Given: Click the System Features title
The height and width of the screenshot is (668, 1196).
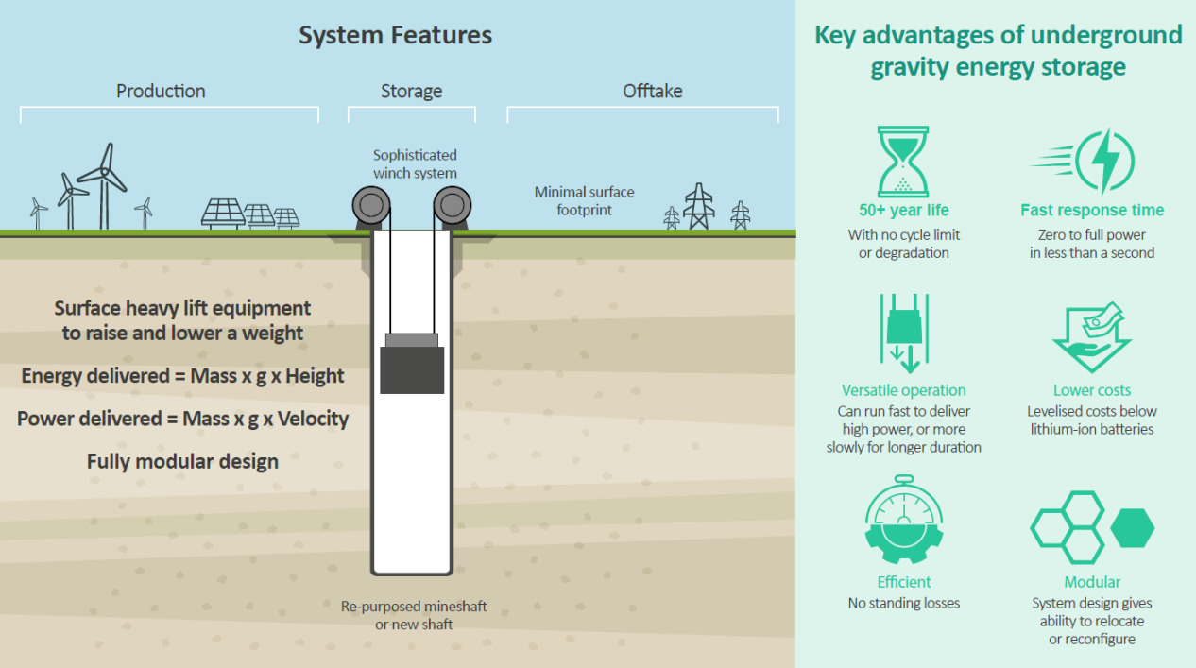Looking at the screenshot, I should pos(395,36).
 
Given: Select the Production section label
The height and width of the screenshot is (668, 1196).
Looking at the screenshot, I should pos(161,91).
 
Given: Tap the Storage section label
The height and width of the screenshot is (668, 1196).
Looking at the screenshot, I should pos(411,91).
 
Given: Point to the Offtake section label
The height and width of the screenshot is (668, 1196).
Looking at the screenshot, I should pos(652,91).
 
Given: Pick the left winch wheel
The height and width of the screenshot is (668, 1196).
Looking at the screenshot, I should pos(369,204).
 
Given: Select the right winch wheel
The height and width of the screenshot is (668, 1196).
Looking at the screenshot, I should pos(453,204).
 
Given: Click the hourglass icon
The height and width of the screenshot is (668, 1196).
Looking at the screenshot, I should pos(903,162).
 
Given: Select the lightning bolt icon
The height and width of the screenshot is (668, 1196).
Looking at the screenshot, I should pos(1104,162).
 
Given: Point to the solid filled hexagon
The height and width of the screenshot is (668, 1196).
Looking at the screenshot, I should pos(1132,528).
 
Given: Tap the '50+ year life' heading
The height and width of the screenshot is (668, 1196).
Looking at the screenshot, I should pos(903,211).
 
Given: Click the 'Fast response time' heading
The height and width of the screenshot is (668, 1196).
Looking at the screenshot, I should pos(1092,211).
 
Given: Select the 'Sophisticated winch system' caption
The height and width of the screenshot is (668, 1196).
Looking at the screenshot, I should pos(415,163).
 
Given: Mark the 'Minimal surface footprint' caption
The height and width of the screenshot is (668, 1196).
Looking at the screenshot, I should pos(584,200).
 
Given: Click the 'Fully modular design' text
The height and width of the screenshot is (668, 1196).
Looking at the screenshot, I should pos(182,461).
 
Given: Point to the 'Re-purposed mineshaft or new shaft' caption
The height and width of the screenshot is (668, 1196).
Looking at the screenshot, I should pos(414,615).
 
